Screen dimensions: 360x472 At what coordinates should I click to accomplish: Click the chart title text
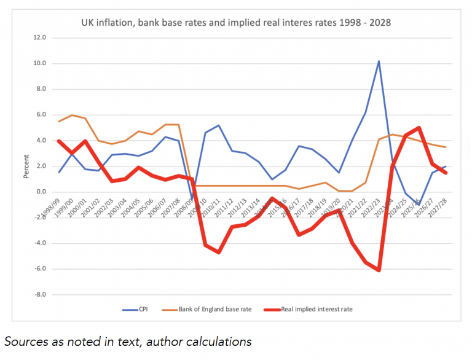coord(236,23)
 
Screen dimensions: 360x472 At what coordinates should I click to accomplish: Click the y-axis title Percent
coord(25,166)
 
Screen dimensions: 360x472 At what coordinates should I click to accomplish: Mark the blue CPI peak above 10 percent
coord(379,61)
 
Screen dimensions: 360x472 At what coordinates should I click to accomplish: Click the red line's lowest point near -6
coord(379,270)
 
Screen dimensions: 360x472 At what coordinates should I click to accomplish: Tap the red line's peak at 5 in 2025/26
coord(419,128)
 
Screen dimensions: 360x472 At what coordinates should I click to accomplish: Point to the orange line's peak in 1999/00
coord(73,115)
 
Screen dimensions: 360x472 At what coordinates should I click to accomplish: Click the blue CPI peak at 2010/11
coord(218,125)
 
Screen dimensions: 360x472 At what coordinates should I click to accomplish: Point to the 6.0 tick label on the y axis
coord(40,115)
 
